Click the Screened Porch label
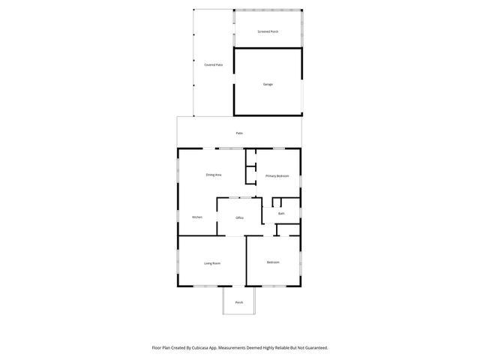tap(268, 32)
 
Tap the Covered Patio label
tap(214, 65)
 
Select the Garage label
tap(268, 84)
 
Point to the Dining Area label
tap(214, 175)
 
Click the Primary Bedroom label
tap(277, 175)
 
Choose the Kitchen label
tap(196, 217)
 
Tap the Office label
tap(240, 217)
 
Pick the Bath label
tap(281, 214)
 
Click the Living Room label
tap(212, 263)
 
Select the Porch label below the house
tap(239, 302)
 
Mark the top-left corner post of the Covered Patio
tap(193, 10)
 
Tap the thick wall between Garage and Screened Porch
tap(268, 49)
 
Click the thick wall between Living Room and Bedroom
tap(246, 262)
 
